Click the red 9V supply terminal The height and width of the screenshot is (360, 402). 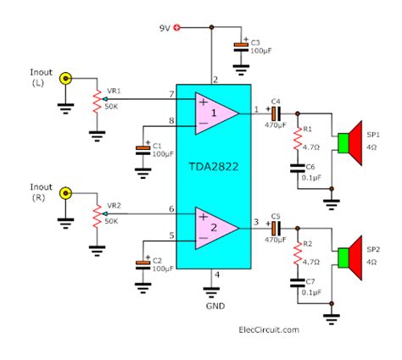click(x=177, y=27)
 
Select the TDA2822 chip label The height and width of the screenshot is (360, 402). click(x=214, y=167)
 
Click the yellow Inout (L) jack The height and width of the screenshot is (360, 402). click(x=65, y=79)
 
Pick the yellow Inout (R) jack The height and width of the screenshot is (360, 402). click(x=65, y=193)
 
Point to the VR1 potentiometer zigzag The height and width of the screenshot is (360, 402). click(x=97, y=102)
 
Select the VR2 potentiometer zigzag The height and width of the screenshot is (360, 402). click(x=97, y=217)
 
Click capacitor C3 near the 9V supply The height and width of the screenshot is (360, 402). click(x=241, y=47)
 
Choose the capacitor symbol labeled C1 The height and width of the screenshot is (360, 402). click(x=143, y=150)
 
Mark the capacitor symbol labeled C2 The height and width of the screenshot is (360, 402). click(x=143, y=265)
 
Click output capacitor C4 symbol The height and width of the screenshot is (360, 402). click(x=276, y=114)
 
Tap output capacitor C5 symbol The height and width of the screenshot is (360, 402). click(x=276, y=229)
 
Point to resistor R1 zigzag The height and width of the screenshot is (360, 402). click(x=298, y=138)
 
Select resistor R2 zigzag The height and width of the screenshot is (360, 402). click(x=298, y=253)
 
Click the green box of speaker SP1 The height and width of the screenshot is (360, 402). click(x=343, y=143)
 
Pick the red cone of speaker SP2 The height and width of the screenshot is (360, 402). click(x=355, y=258)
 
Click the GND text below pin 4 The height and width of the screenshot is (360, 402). click(x=215, y=306)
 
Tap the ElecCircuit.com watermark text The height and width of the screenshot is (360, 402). click(x=269, y=330)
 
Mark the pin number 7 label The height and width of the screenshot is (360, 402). click(x=171, y=94)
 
